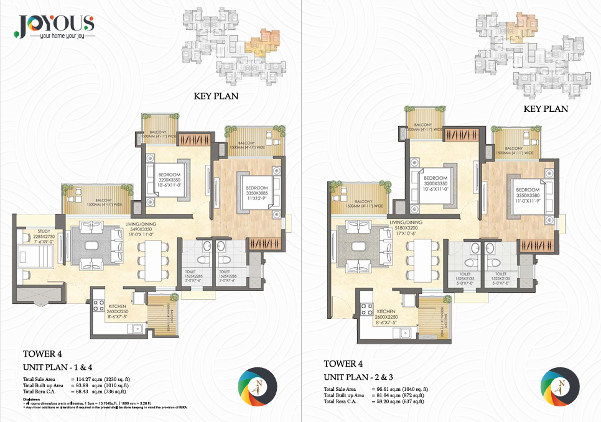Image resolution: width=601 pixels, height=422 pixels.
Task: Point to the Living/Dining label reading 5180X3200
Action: pos(406,227)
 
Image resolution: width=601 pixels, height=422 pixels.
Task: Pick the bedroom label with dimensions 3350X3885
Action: pos(256,193)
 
